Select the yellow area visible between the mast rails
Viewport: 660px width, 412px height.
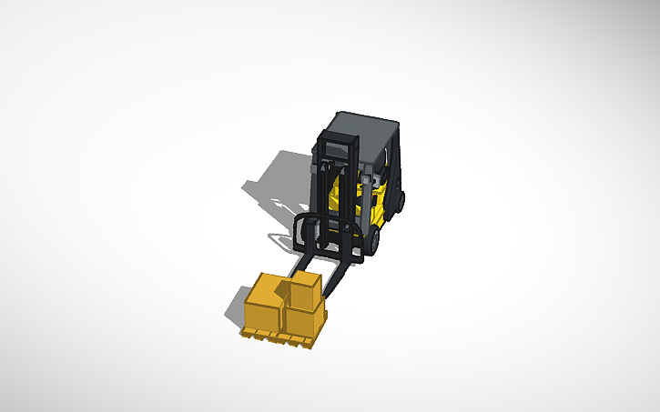(x=339, y=191)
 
